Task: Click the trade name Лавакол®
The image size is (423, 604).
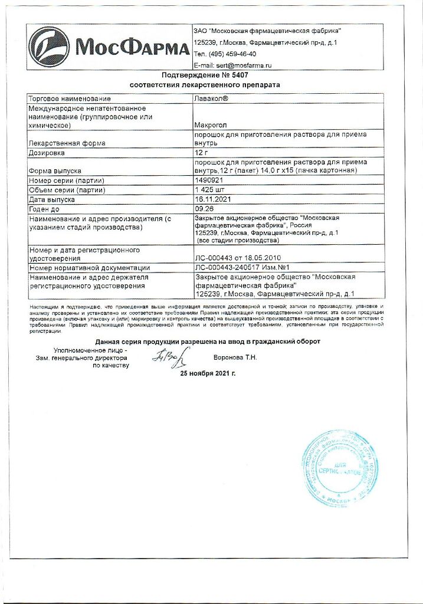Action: (211, 99)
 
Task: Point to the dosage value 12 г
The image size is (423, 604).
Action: (202, 153)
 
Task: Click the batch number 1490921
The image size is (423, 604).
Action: (209, 180)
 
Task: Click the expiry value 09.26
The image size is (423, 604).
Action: (204, 209)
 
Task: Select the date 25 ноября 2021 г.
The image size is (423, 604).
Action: (208, 374)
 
